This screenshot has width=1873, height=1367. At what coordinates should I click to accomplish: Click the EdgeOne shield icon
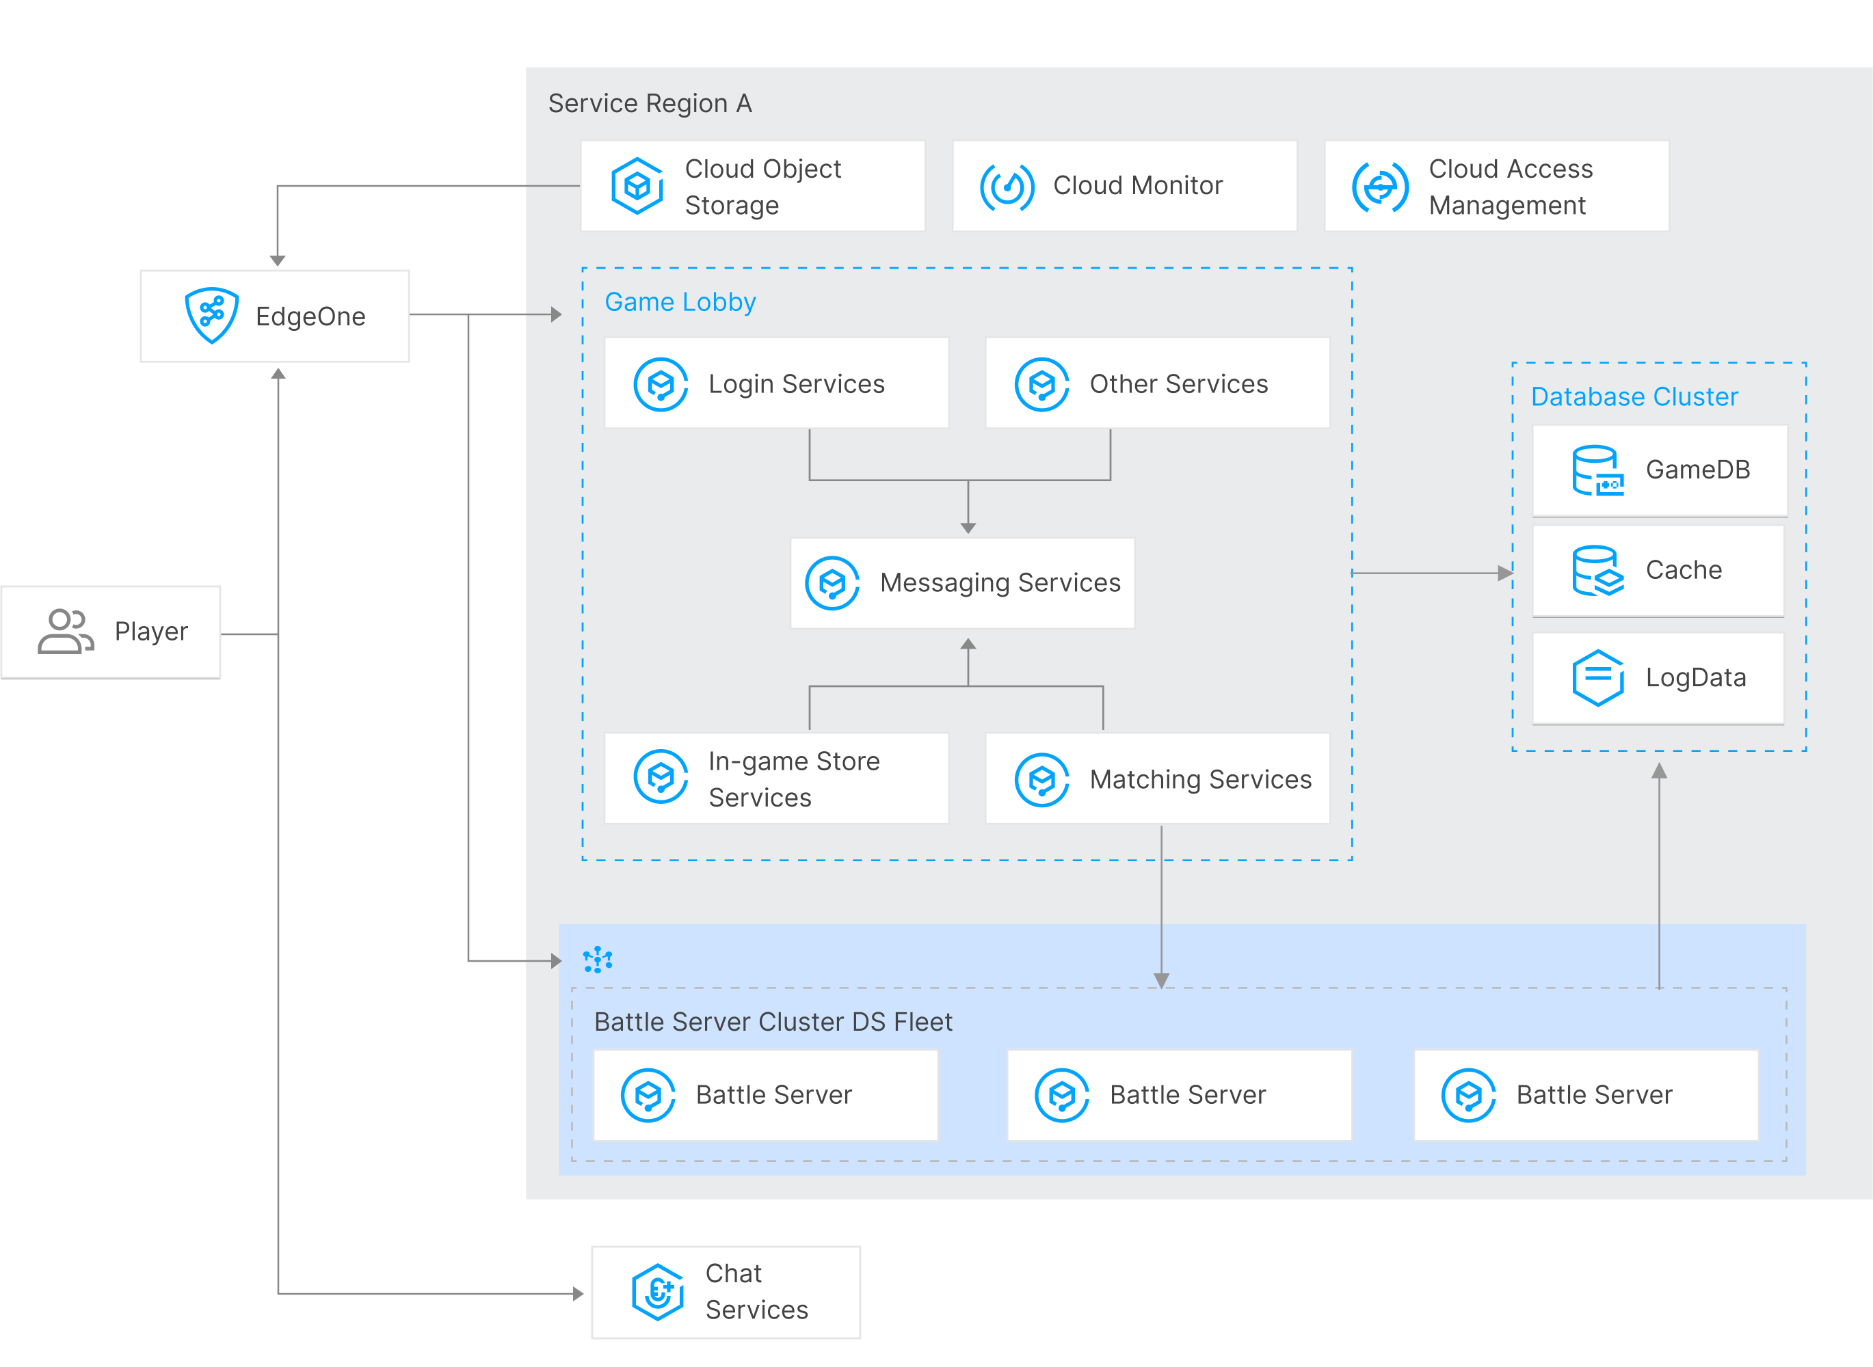(x=212, y=314)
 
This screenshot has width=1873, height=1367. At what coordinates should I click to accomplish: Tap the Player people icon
(x=66, y=632)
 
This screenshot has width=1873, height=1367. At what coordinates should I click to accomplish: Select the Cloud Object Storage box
(x=752, y=186)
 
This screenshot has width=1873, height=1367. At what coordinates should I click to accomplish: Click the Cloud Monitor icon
(x=1007, y=186)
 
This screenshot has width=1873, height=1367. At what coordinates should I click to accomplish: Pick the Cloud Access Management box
(x=1496, y=186)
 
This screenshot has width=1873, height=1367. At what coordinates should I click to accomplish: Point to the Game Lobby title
(x=680, y=302)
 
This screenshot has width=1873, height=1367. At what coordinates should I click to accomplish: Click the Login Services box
(x=775, y=383)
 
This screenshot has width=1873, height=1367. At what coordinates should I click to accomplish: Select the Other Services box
(x=1156, y=383)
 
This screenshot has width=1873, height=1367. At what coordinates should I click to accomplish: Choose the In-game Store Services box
(x=775, y=779)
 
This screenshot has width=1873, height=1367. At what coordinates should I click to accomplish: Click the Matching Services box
(x=1156, y=779)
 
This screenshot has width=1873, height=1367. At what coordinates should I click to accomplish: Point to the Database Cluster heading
(x=1634, y=397)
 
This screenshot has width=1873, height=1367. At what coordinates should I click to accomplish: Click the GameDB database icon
(x=1597, y=470)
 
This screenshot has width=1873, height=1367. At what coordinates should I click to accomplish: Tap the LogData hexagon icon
(x=1597, y=678)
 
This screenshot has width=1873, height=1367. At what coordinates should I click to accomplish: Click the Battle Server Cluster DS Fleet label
(x=772, y=1022)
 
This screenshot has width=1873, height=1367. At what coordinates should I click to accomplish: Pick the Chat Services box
(x=726, y=1292)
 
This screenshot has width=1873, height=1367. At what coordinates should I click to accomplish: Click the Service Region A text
(x=650, y=103)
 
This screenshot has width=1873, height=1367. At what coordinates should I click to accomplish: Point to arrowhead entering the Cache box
(x=1506, y=573)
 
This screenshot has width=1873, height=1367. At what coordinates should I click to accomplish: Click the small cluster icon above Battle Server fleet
(x=598, y=960)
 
